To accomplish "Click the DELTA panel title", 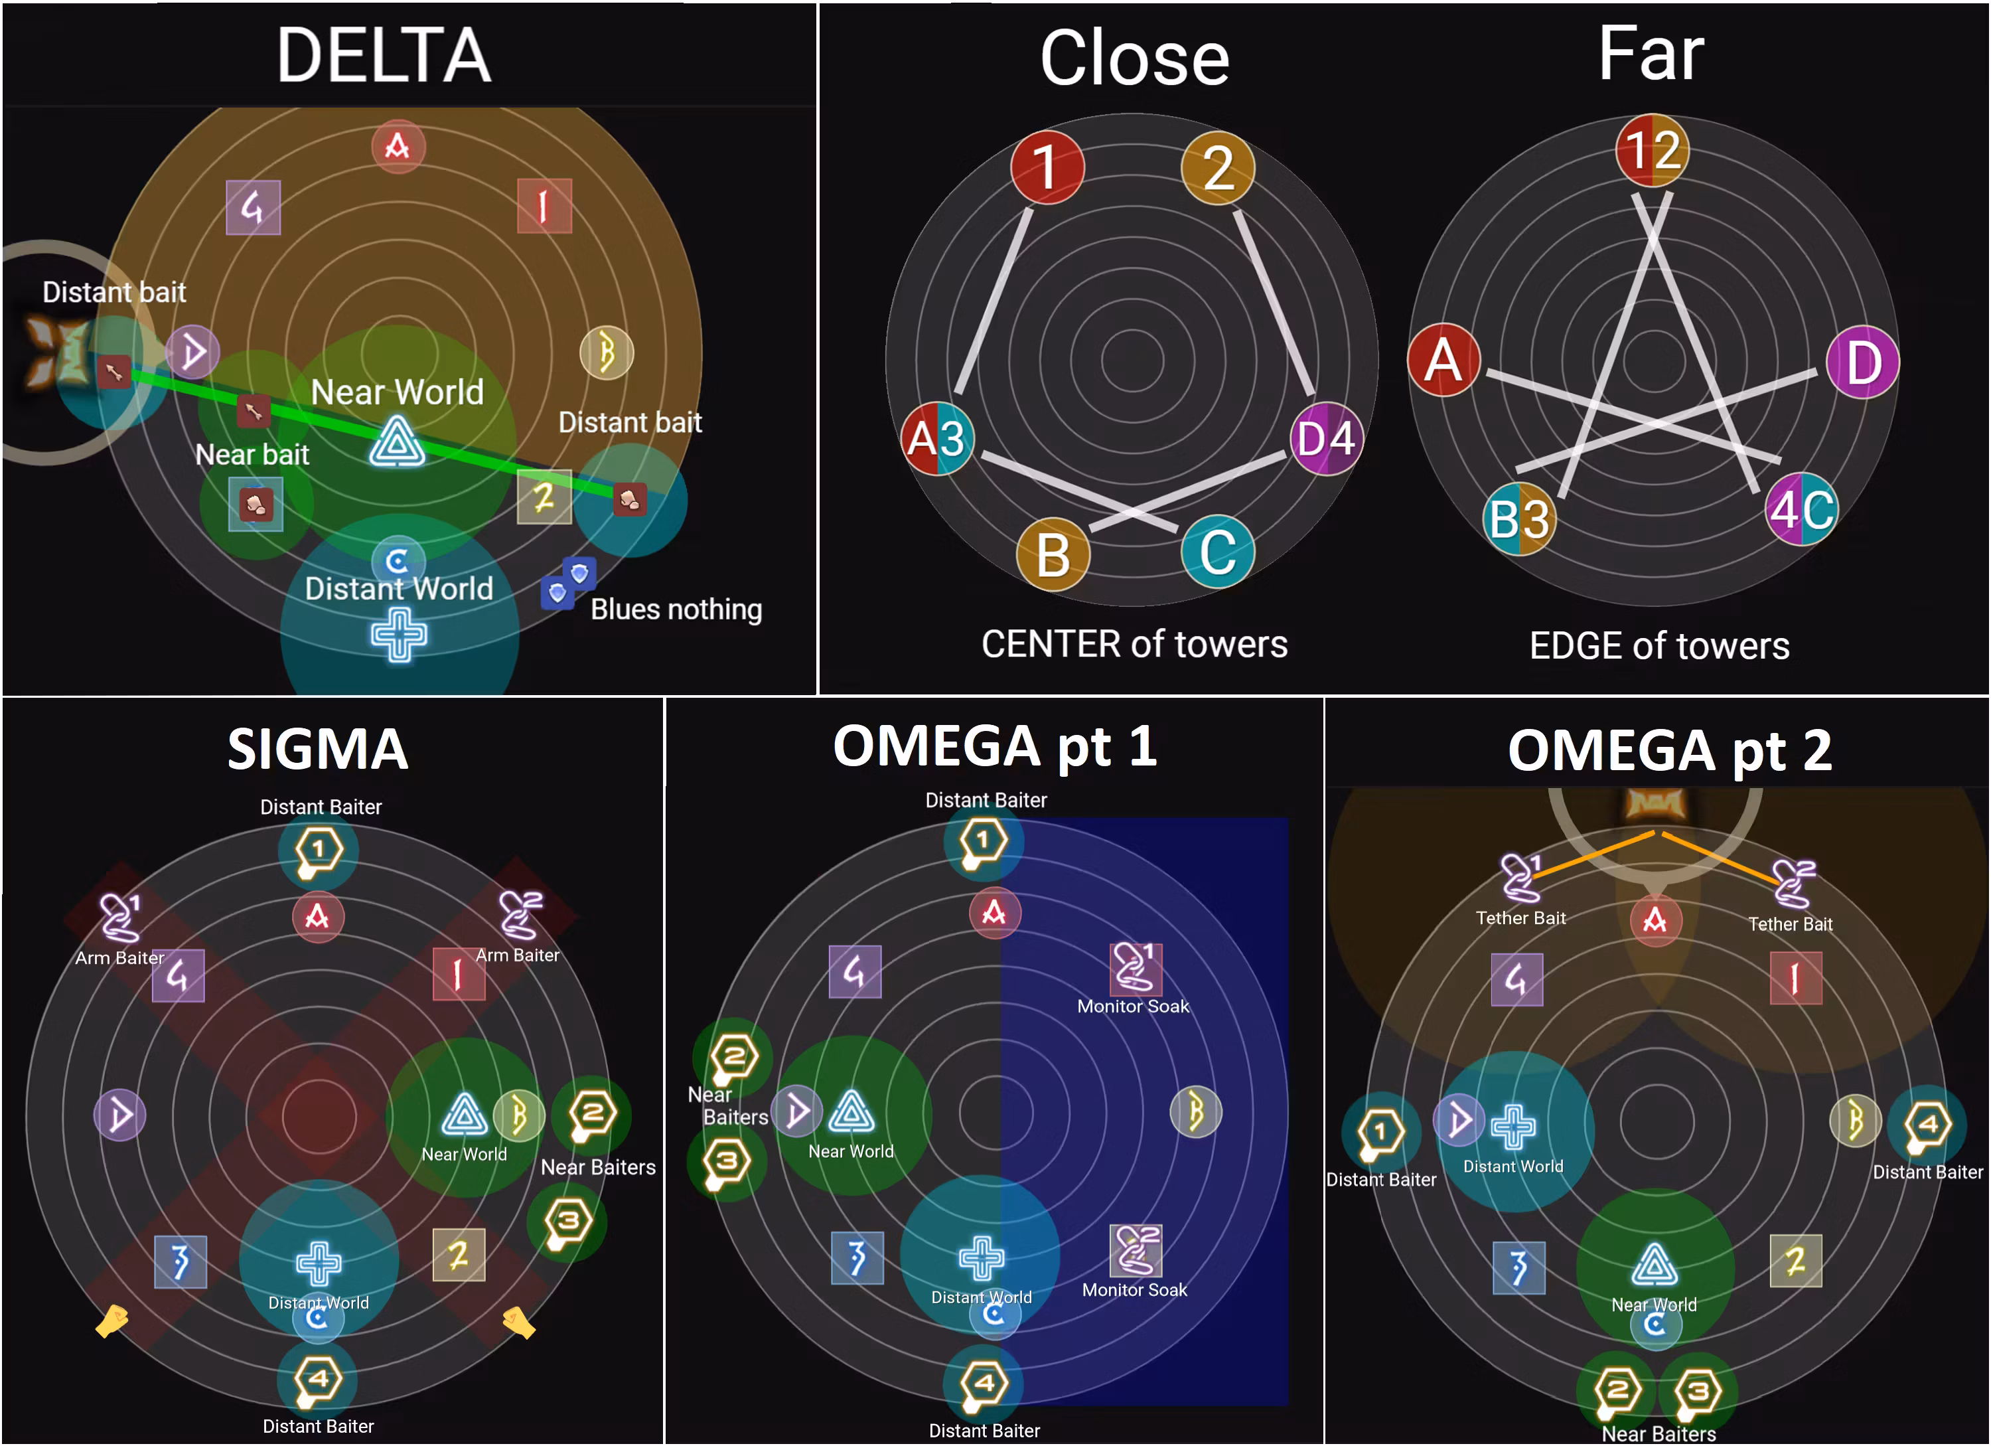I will (384, 55).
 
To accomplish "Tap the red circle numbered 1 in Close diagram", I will (1047, 167).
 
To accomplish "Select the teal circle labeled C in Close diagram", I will (1218, 551).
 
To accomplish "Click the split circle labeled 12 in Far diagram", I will (1652, 149).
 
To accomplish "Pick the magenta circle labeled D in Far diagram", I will (1862, 362).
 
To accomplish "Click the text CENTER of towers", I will (1134, 645).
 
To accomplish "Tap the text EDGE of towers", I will (1659, 646).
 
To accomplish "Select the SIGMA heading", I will (318, 749).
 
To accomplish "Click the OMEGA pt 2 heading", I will (1670, 751).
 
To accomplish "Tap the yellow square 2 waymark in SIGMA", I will (458, 1255).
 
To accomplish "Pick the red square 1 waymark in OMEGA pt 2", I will (1795, 978).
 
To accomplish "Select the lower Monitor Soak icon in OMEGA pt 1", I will (1136, 1249).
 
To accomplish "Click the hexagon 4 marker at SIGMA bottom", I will (317, 1379).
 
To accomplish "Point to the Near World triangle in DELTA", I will (397, 442).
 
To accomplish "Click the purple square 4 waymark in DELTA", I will (253, 208).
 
